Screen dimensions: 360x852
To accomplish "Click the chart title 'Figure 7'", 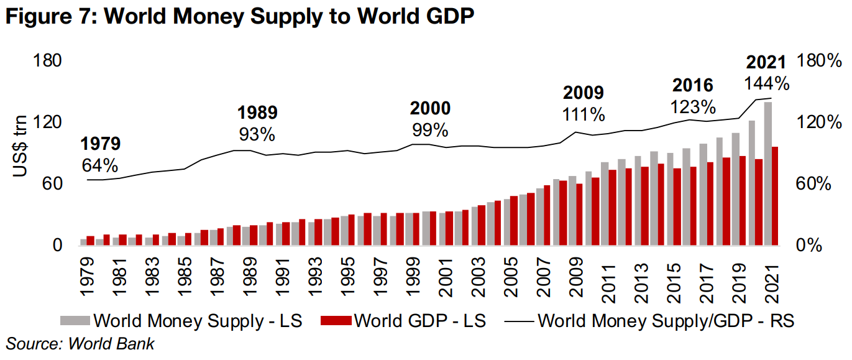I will click(x=239, y=17).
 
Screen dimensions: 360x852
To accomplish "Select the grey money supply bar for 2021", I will click(x=768, y=174).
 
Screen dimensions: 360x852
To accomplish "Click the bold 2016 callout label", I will click(x=693, y=85).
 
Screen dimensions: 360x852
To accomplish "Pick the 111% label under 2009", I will click(x=584, y=114).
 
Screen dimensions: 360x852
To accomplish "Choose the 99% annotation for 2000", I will click(x=430, y=130).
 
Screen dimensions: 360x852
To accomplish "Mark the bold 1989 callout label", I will click(x=257, y=113).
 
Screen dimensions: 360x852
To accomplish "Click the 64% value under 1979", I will click(x=100, y=166).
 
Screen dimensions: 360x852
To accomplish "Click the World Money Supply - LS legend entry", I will click(x=181, y=321).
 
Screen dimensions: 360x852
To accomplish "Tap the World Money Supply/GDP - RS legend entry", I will click(x=649, y=321).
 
